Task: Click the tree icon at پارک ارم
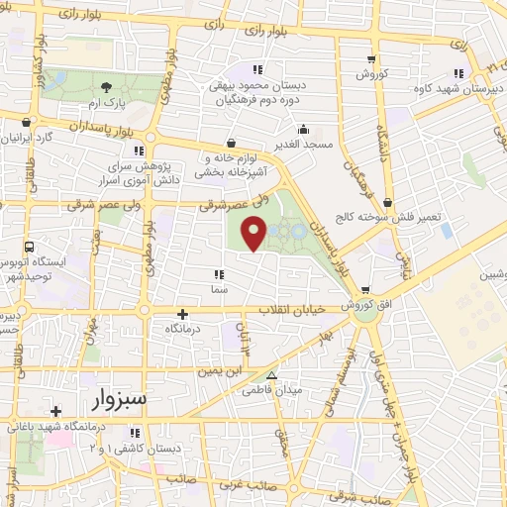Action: [x=106, y=87]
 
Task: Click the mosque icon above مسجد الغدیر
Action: [x=303, y=128]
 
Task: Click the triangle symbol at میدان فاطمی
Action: [x=271, y=375]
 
